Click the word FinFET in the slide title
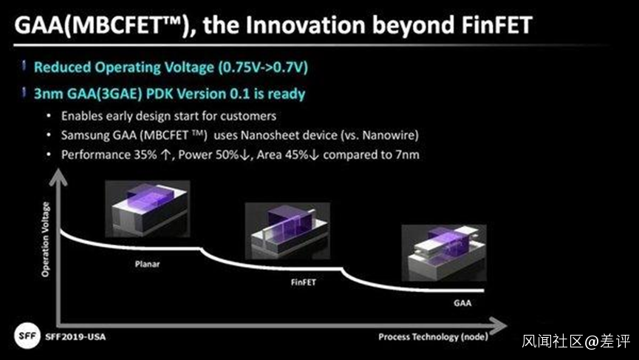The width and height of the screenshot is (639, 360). click(496, 25)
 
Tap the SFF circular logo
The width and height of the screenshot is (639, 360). click(27, 336)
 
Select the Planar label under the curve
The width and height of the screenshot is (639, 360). click(147, 264)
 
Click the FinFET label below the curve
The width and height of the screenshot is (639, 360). click(303, 282)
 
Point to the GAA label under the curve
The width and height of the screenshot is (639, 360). click(462, 303)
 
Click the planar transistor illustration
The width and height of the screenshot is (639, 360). click(148, 208)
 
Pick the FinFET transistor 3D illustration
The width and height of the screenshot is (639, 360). click(287, 231)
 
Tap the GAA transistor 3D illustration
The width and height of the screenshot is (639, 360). click(444, 253)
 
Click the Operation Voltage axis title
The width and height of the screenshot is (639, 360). click(45, 240)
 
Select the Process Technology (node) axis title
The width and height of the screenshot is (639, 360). click(433, 337)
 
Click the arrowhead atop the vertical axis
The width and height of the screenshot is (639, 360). click(58, 178)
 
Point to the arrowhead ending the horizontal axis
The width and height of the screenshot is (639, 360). click(499, 325)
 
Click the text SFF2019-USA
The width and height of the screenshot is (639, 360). click(75, 337)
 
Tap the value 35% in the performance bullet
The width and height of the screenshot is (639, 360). click(146, 155)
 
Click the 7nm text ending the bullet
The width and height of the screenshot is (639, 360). click(407, 155)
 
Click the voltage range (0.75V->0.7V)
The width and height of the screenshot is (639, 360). click(263, 67)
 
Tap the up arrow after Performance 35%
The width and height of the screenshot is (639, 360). click(166, 155)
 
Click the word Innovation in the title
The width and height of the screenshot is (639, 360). click(305, 25)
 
